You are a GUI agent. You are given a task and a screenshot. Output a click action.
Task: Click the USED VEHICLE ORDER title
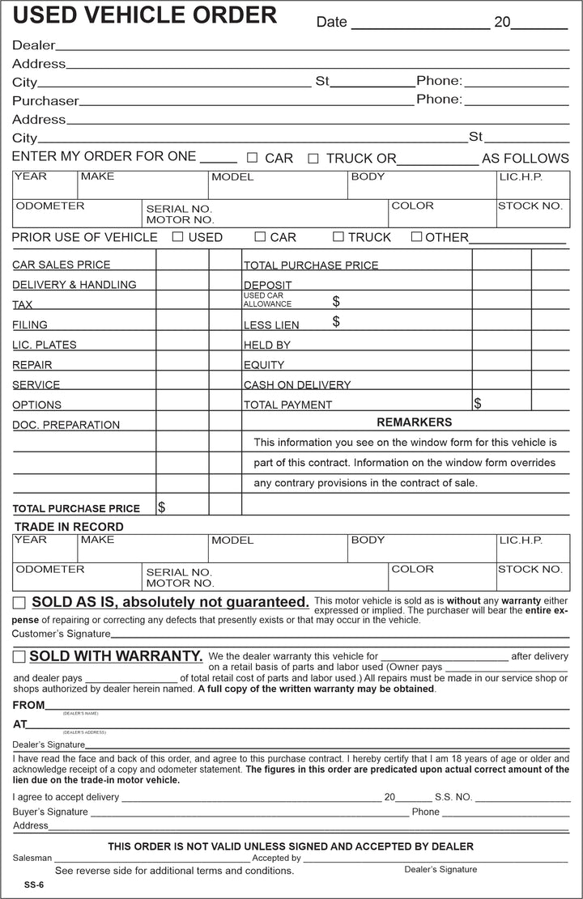coord(144,15)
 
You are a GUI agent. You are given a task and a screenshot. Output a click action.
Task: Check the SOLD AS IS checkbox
coord(19,603)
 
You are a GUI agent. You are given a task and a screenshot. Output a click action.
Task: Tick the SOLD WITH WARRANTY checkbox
coord(19,656)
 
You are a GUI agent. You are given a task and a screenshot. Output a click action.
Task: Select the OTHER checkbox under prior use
coord(416,237)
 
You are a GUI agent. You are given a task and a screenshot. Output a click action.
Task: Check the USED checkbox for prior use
coord(177,237)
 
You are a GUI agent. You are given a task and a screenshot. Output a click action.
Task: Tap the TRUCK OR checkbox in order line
coord(313,159)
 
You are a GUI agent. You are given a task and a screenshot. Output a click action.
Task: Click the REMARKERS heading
coord(414,422)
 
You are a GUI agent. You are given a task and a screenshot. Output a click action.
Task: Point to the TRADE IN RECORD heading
coord(69,527)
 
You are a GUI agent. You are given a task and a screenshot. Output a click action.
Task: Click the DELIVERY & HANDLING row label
coord(74,285)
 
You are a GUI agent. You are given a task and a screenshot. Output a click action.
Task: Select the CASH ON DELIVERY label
coord(297,385)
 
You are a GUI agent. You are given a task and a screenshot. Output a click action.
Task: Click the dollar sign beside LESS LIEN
coord(336,322)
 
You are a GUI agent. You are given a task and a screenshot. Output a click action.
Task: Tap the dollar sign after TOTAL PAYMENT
coord(478,403)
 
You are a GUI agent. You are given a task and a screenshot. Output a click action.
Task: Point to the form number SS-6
coord(33,884)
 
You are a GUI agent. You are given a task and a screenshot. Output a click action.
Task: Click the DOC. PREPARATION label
coord(66,425)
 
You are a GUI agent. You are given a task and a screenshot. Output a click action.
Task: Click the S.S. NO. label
coord(453,797)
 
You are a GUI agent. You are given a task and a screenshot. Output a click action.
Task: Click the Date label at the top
coord(331,22)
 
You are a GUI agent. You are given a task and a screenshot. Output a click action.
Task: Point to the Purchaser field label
coord(45,101)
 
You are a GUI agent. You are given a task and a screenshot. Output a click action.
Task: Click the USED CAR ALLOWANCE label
coord(267,300)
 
